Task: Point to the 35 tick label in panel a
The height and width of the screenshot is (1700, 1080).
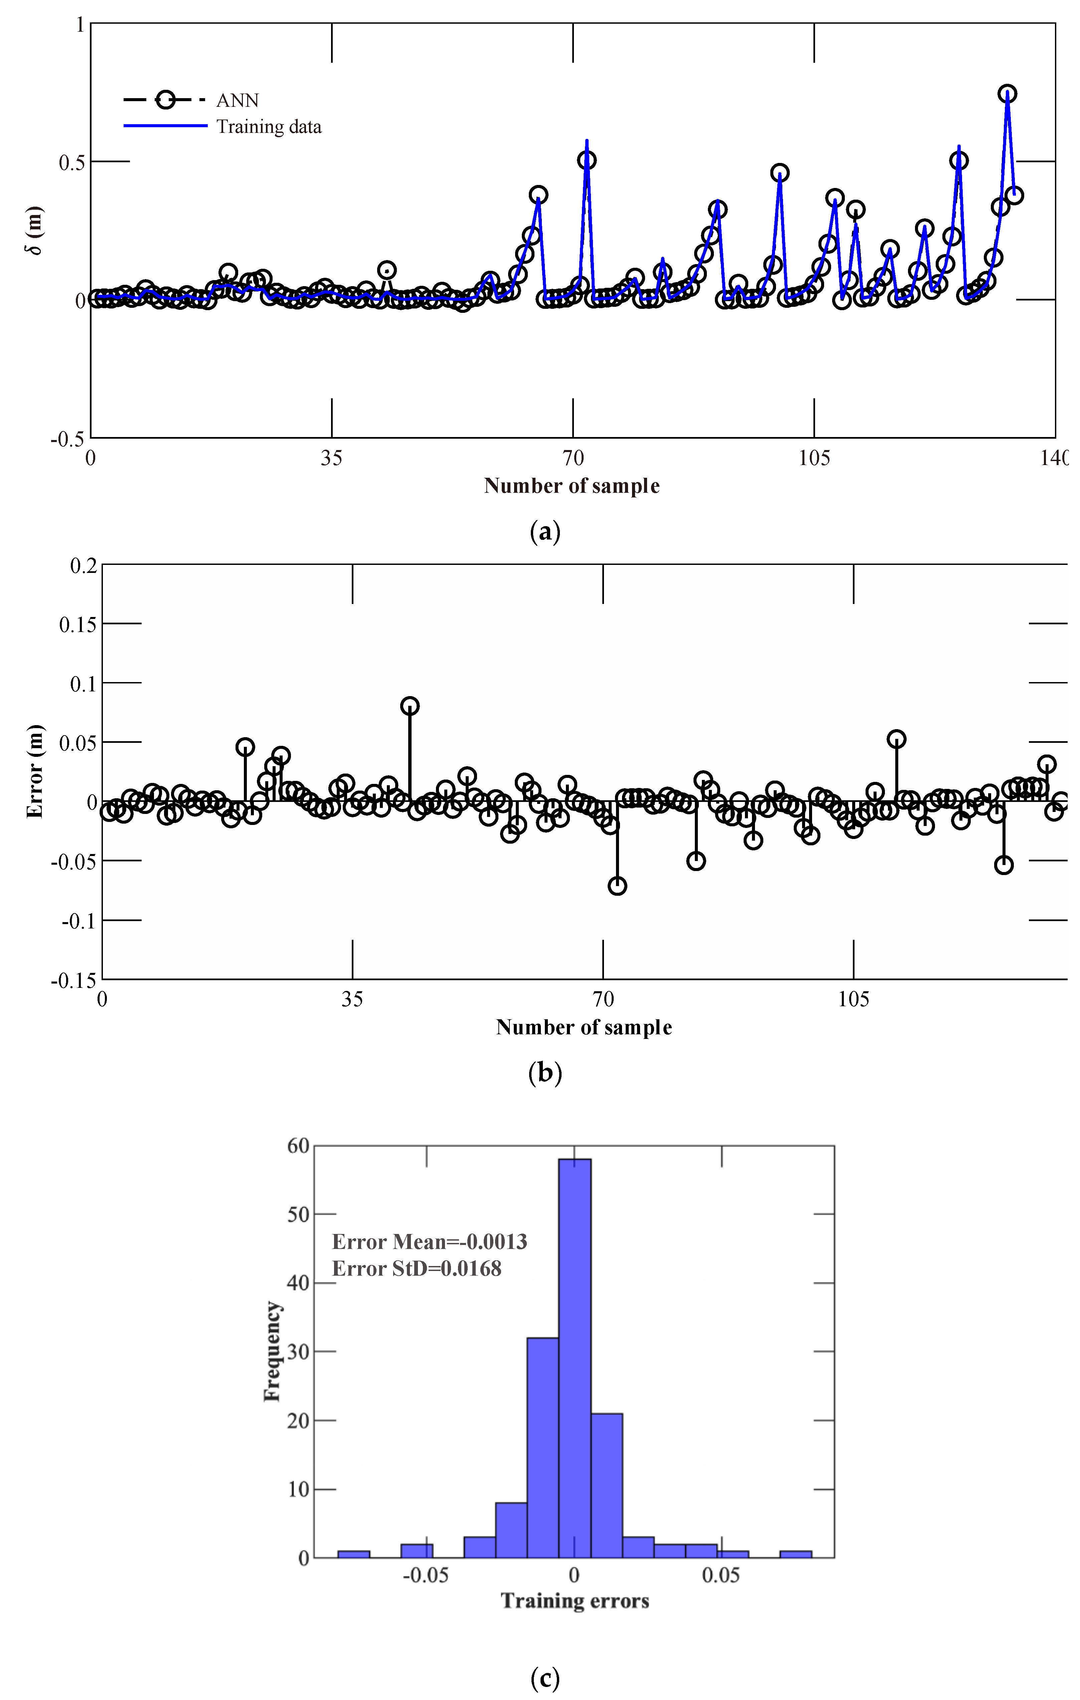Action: coord(331,459)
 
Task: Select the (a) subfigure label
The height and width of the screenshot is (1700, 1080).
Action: coord(545,532)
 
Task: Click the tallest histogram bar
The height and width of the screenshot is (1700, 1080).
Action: coord(574,1355)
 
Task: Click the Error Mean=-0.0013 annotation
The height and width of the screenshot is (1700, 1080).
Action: coord(430,1242)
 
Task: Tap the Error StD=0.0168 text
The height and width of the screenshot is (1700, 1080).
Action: coord(417,1269)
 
